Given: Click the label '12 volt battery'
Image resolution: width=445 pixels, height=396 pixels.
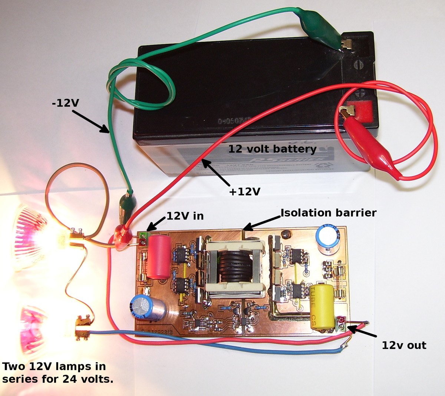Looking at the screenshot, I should coord(272,149).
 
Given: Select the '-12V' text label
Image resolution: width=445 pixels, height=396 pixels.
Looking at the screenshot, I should coord(66,103).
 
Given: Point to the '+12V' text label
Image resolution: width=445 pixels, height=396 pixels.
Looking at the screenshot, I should coord(244,191).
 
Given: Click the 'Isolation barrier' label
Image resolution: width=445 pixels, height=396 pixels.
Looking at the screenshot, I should coord(328,213).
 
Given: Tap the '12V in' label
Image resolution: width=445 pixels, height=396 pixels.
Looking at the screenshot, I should coord(185,216).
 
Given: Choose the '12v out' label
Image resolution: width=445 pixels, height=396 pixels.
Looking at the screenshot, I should coord(404,345).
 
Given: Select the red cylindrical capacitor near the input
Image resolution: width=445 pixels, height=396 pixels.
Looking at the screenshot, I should coord(158,255).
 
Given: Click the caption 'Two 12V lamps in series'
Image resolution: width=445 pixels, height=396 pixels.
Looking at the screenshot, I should coord(57,373).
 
